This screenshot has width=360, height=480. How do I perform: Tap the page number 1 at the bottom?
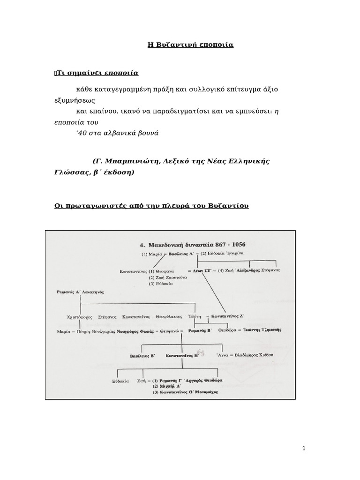pos(304,449)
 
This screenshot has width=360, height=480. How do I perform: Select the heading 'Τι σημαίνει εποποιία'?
pos(97,73)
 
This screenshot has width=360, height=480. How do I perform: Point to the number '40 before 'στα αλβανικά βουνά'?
pos(81,133)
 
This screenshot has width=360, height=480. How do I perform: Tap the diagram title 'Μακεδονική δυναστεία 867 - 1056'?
pos(194,245)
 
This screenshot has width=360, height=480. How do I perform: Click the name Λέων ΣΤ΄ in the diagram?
pos(198,270)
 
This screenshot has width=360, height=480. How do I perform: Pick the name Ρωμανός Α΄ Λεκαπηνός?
pos(79,292)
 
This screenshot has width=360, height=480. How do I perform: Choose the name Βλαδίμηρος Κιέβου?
pos(250,355)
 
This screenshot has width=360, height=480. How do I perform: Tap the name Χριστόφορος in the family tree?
pos(81,316)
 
